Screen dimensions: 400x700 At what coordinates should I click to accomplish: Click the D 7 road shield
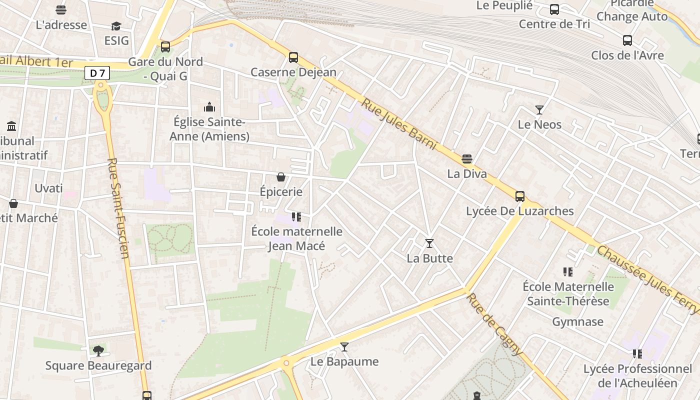tap(97, 73)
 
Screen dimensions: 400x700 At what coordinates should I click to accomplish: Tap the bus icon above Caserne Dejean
tap(293, 57)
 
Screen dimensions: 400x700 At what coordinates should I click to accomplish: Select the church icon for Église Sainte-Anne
tap(209, 107)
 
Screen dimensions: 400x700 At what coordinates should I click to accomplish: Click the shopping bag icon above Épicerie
tap(281, 177)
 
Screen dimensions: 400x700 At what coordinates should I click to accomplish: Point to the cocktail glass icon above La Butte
tap(429, 243)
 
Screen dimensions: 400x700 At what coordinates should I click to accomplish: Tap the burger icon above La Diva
tap(467, 159)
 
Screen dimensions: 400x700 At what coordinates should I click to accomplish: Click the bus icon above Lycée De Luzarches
tap(520, 196)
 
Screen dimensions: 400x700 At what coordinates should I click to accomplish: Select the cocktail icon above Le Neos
tap(539, 109)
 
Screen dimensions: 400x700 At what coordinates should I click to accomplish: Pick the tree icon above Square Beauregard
tap(98, 350)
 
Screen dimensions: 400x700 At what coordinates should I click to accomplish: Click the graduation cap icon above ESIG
tap(116, 26)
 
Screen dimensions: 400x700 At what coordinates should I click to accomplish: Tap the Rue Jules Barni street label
tap(399, 124)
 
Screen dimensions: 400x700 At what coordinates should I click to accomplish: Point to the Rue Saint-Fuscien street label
tap(118, 208)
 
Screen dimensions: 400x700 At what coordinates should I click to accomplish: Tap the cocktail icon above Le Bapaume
tap(344, 346)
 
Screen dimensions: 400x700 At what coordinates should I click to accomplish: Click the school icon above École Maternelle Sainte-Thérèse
tap(567, 272)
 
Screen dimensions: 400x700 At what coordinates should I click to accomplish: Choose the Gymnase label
tap(577, 321)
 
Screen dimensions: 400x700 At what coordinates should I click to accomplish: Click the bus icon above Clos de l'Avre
tap(627, 40)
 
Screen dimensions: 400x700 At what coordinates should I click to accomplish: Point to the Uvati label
tap(48, 188)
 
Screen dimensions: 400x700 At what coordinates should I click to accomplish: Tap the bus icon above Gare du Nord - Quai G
tap(165, 47)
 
